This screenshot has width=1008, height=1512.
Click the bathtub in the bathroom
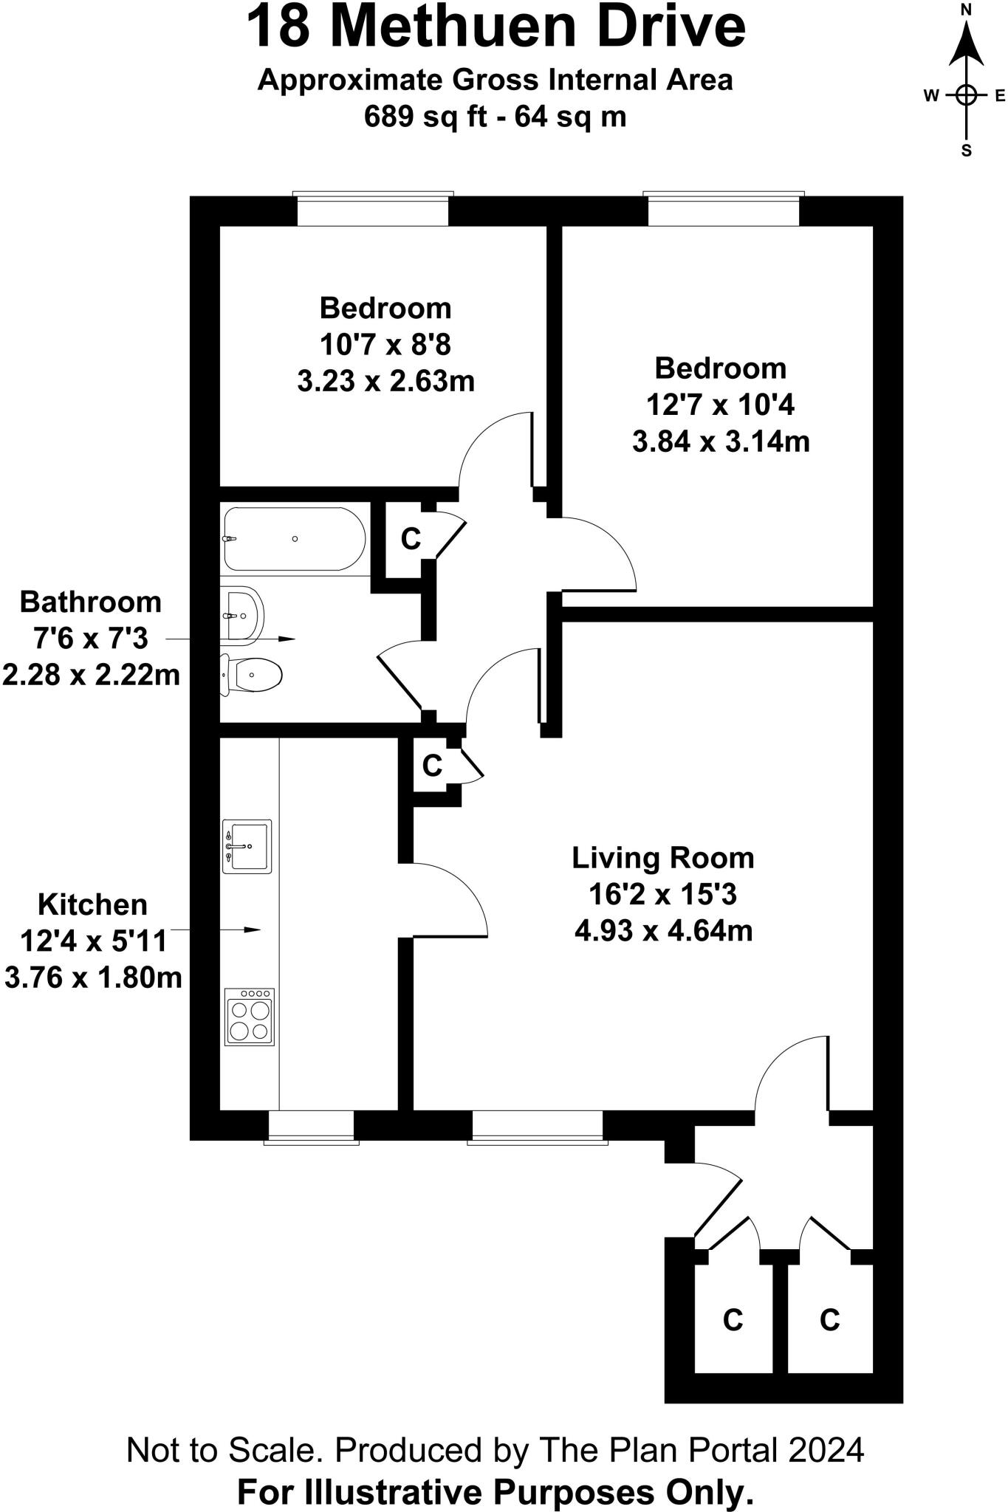(294, 539)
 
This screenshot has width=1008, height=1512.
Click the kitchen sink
(247, 846)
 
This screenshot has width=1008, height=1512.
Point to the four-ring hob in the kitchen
(250, 1017)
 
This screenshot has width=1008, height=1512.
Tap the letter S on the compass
(966, 151)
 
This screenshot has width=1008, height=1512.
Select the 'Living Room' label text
(663, 858)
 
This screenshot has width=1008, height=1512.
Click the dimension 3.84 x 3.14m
(721, 441)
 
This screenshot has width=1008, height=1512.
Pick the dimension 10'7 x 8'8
(385, 345)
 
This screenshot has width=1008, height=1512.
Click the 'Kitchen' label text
(92, 904)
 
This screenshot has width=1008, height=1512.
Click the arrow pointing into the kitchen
(251, 929)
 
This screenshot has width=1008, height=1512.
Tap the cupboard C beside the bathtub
(411, 539)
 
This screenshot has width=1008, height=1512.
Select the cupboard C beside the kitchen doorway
(432, 766)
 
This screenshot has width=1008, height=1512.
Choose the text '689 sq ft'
(425, 117)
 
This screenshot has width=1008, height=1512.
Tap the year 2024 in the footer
(826, 1450)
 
